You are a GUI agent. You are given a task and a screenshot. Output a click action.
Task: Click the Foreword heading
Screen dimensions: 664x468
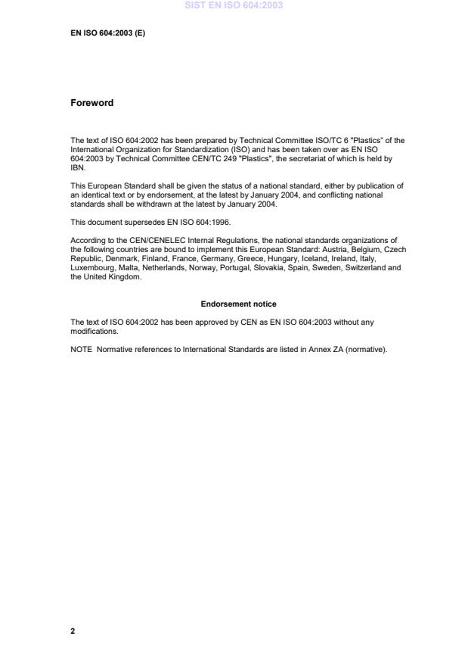[91, 103]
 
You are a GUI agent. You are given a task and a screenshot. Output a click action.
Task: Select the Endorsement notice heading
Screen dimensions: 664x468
[238, 304]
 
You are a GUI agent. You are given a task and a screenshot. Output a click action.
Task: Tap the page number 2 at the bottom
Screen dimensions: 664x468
[73, 631]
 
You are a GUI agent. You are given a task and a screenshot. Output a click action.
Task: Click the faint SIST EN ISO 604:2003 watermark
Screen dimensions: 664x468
[234, 6]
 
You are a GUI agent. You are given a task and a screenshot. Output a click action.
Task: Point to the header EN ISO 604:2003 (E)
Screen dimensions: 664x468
[107, 34]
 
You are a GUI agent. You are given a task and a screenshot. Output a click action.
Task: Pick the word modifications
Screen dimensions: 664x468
[94, 331]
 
